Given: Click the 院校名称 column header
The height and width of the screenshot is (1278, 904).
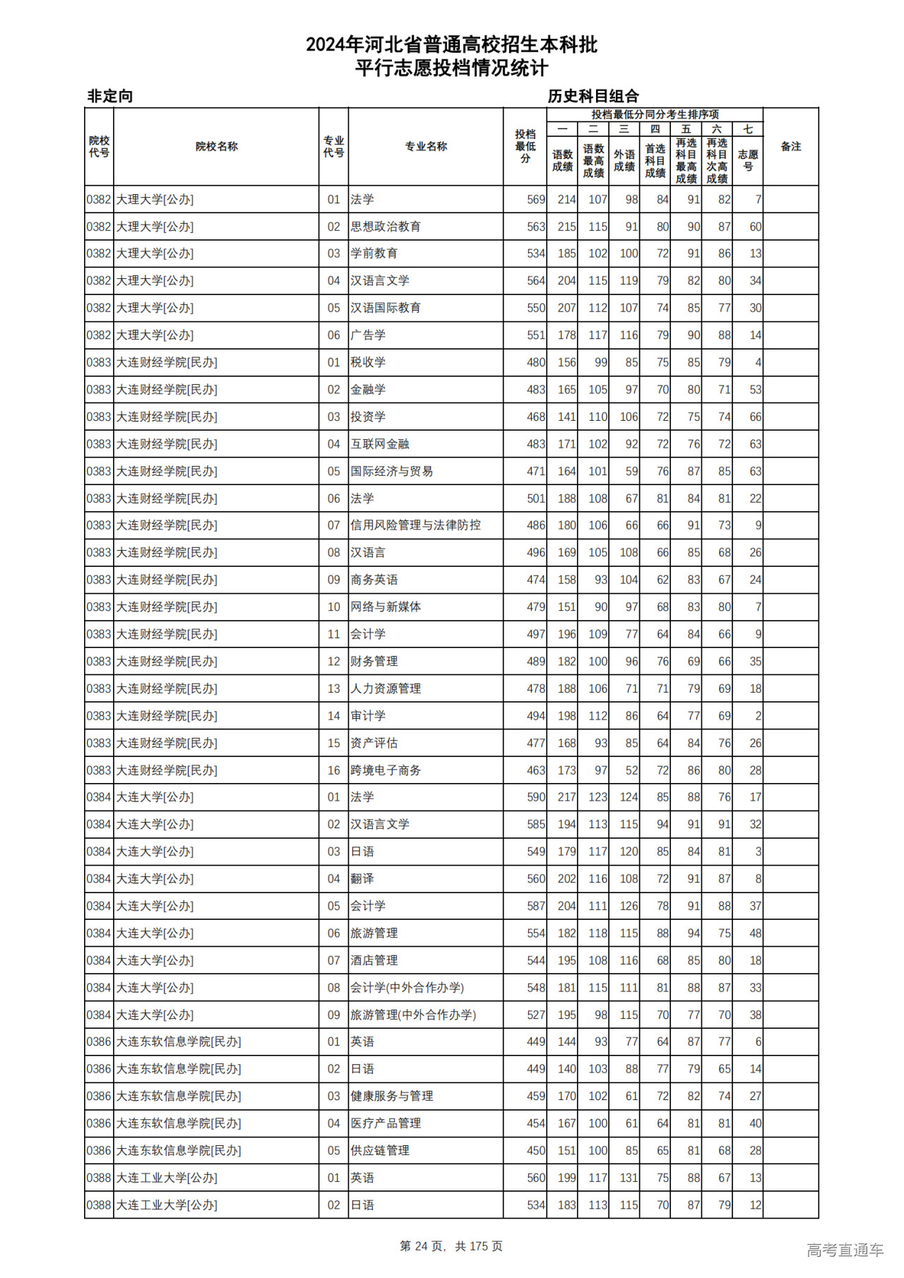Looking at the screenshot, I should tap(216, 147).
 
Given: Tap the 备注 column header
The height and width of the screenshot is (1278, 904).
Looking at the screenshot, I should tap(790, 147).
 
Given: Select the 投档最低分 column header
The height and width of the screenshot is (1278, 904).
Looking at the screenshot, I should tap(525, 147).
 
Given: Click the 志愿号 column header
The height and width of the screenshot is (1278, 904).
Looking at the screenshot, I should tap(747, 160).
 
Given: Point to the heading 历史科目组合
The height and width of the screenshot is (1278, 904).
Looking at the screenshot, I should tap(593, 96).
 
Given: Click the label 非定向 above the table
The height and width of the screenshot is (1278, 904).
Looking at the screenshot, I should tap(110, 96).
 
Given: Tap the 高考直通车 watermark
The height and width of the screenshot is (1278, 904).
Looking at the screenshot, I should tap(845, 1250).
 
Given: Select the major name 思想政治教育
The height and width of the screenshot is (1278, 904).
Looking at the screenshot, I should tap(386, 227).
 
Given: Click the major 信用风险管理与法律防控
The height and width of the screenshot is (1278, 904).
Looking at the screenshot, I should tap(415, 525).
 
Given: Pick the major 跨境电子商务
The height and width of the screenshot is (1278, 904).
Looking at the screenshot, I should tap(386, 770).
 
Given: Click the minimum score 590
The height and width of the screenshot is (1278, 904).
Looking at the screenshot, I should tap(536, 797).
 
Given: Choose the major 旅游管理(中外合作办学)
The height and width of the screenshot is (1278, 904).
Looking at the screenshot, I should tap(413, 1015).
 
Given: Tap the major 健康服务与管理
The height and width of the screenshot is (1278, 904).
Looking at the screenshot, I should tap(392, 1096).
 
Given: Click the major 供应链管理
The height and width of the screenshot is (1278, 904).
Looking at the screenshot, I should tap(380, 1150).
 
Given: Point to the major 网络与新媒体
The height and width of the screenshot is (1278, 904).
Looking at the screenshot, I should tap(386, 607).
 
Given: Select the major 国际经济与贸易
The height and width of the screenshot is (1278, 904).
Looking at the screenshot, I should tap(392, 471).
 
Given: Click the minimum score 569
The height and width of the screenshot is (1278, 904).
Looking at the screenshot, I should tap(536, 200).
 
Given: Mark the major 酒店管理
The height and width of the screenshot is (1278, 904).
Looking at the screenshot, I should tap(374, 960).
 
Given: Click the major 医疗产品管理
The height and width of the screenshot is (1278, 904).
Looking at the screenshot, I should tap(386, 1123).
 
